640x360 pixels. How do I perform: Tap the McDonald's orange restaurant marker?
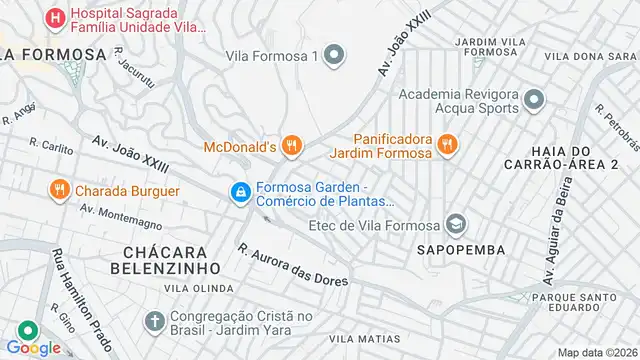click(292, 146)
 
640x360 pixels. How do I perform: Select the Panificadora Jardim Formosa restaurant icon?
click(446, 144)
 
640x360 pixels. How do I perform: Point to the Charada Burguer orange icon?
click(59, 190)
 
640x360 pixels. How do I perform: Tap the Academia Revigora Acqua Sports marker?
click(534, 100)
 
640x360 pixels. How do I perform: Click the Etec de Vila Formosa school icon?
click(458, 222)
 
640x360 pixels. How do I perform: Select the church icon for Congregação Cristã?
click(154, 322)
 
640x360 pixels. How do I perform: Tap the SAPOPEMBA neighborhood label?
click(461, 248)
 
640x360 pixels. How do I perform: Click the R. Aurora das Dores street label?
click(292, 264)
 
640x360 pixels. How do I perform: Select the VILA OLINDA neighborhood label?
click(194, 288)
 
